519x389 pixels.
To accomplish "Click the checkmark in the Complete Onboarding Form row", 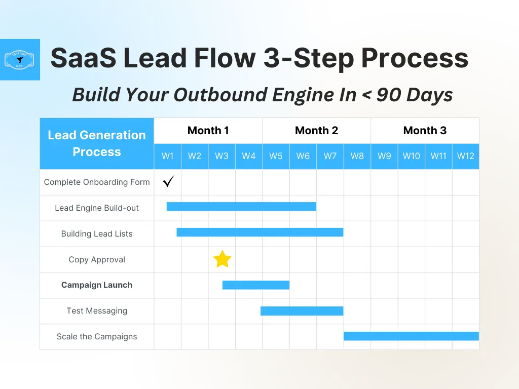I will (x=168, y=181).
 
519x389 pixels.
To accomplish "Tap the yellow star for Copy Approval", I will (x=222, y=259).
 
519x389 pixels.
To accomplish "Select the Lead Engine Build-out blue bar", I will (x=241, y=207).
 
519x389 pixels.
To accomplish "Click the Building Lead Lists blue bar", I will (x=260, y=232).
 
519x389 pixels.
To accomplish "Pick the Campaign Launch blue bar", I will (x=256, y=285).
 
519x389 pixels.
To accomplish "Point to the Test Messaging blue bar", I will (x=302, y=310).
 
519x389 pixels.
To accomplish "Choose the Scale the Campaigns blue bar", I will (x=411, y=336).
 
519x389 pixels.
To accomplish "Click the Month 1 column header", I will (x=208, y=131).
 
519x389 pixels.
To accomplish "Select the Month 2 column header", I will (x=316, y=131).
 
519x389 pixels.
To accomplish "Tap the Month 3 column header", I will (x=425, y=131).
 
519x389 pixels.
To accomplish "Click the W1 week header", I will (x=168, y=156).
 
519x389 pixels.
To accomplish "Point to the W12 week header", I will (x=465, y=156).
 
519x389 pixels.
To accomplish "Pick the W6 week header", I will (x=303, y=156).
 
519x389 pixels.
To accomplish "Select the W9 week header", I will (x=384, y=156).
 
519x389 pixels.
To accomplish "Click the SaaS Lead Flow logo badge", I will (x=20, y=60).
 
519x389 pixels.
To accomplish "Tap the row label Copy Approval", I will (x=97, y=259).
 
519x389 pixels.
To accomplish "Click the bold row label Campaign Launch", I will (x=97, y=285).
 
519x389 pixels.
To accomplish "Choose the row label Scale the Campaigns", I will (x=97, y=337).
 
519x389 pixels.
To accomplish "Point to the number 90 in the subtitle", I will (x=389, y=95).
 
